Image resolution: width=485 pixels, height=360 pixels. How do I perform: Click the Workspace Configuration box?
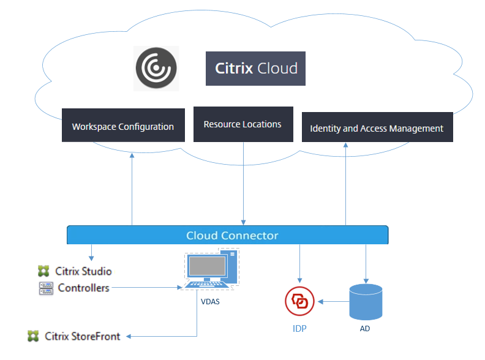(123, 126)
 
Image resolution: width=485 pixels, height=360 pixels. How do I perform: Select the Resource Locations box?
(243, 124)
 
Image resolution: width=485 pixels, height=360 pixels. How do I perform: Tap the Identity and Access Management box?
(377, 127)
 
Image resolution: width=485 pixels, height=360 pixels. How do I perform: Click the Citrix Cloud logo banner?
(255, 68)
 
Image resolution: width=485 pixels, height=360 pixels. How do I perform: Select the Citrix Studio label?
(84, 271)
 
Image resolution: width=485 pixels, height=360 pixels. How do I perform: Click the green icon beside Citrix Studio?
(43, 271)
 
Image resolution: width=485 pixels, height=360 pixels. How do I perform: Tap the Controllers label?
(84, 288)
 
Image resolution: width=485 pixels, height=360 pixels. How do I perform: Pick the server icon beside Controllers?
(45, 288)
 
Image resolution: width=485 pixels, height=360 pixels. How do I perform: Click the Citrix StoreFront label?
(83, 336)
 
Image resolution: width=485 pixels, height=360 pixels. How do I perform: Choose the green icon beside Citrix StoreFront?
(33, 336)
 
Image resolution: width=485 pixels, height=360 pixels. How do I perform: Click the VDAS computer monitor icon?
(210, 270)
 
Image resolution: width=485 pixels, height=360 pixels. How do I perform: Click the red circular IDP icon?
(299, 302)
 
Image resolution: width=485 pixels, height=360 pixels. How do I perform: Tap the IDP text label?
(299, 328)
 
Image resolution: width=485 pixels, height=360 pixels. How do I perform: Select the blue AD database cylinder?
(366, 301)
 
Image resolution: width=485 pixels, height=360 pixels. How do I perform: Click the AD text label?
(365, 329)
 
